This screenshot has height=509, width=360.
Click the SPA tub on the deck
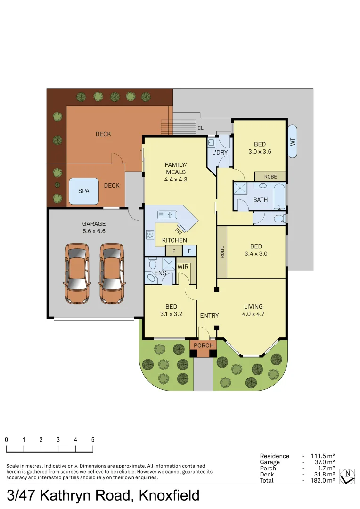pos(84,191)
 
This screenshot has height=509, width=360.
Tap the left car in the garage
pos(77,273)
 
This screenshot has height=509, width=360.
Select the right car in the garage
pos(112,273)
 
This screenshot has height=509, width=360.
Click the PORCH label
pos(204,345)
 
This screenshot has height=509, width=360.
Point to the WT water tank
pos(292,141)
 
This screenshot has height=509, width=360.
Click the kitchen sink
pos(167,215)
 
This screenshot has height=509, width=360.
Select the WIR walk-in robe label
pos(183,267)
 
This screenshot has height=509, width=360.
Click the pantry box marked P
pos(174,251)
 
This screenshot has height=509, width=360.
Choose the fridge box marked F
pos(189,251)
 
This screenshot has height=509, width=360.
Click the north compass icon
pos(348,476)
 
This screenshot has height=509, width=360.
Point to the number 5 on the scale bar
pos(93,440)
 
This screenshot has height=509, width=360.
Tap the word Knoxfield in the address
pos(169,496)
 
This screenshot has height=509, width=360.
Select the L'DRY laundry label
pos(220,153)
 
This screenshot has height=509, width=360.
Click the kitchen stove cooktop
pos(150,235)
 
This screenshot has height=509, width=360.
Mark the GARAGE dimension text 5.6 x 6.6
pos(94,232)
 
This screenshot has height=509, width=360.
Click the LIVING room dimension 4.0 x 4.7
pos(253,314)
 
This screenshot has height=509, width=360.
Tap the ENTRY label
pos(209,316)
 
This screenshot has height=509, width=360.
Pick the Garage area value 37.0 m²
pos(323,462)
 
